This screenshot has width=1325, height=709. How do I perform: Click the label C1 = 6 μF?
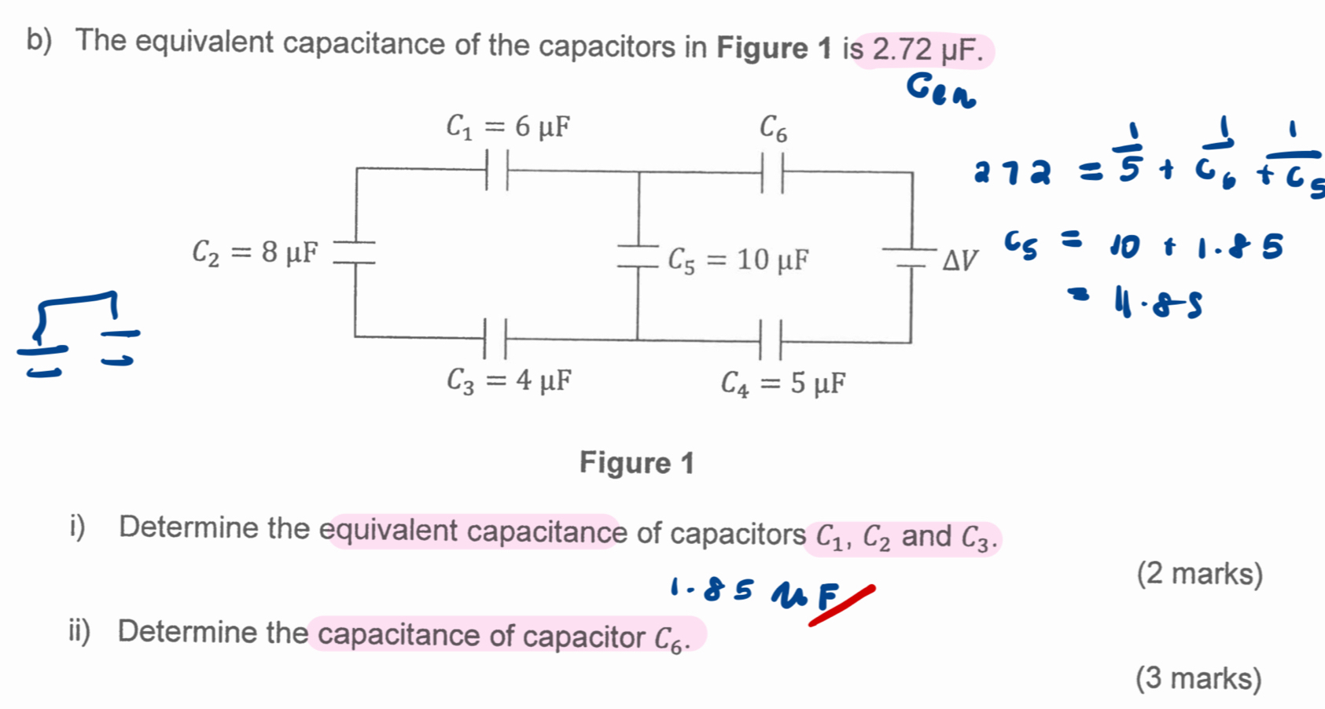[x=508, y=127]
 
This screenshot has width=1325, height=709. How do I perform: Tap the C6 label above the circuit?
[x=772, y=128]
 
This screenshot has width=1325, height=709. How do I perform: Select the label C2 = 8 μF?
[x=256, y=252]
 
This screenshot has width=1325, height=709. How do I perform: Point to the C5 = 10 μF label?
[x=738, y=259]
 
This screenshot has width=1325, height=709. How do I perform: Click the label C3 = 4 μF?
[x=509, y=381]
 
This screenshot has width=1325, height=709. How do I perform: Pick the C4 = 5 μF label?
[x=783, y=384]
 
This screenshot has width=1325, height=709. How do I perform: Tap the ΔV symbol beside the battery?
[x=961, y=259]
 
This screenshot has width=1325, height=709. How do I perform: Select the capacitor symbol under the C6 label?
[x=772, y=173]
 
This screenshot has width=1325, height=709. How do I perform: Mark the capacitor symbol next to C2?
[x=355, y=252]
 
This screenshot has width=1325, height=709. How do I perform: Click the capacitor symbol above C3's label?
[x=495, y=339]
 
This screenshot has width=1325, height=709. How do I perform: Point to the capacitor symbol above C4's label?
[x=770, y=340]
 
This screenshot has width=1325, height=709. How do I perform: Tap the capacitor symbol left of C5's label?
[x=638, y=255]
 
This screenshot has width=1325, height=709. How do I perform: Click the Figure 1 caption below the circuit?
[x=637, y=463]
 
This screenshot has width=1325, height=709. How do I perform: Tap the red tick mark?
[x=841, y=606]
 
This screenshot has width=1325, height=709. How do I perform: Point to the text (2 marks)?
[x=1199, y=574]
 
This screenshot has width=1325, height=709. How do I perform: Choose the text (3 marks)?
[x=1198, y=678]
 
